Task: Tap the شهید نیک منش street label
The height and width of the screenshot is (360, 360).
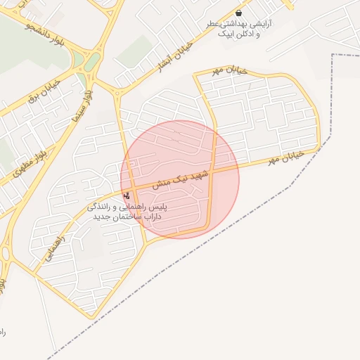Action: pyautogui.click(x=181, y=176)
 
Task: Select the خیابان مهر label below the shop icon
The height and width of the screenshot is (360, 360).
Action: pyautogui.click(x=226, y=71)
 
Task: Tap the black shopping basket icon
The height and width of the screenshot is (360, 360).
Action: pyautogui.click(x=240, y=13)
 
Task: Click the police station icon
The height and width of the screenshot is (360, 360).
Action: pyautogui.click(x=127, y=195)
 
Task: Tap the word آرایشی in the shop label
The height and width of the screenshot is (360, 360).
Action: pyautogui.click(x=260, y=23)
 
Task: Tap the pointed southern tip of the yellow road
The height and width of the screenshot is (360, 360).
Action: pyautogui.click(x=90, y=319)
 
